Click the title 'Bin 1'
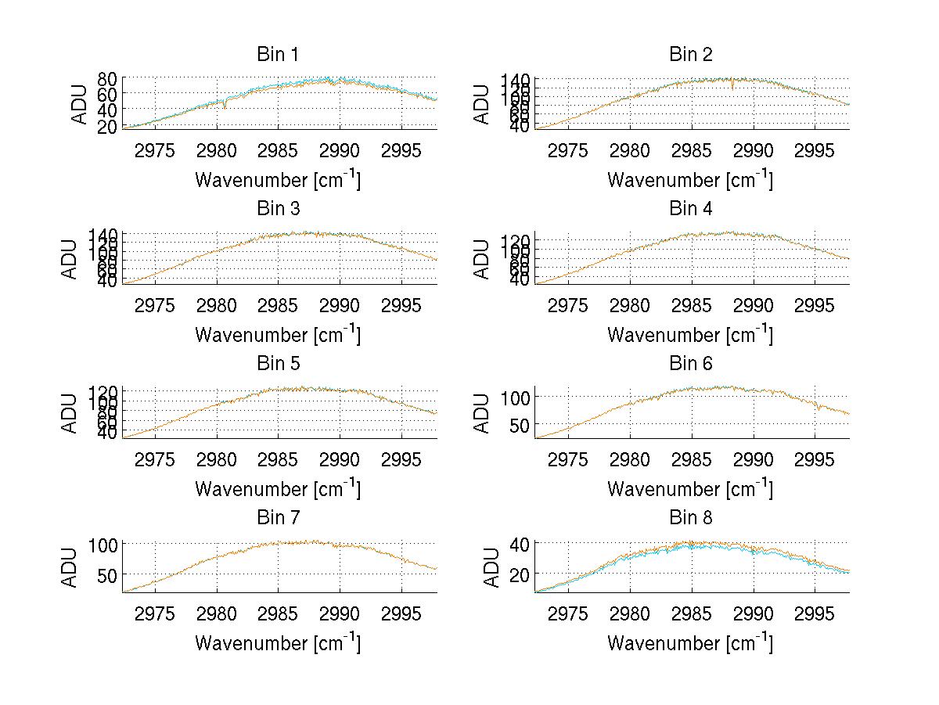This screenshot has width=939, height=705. [x=278, y=55]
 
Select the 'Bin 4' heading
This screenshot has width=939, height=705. [x=691, y=209]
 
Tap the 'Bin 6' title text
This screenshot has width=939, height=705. [x=691, y=364]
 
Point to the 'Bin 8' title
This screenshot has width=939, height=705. [x=691, y=518]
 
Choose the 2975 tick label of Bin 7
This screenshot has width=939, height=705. [x=155, y=613]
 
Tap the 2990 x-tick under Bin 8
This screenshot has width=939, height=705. [x=753, y=613]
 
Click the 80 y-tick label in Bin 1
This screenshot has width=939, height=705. [x=107, y=78]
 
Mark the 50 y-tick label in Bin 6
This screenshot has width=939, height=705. [x=520, y=424]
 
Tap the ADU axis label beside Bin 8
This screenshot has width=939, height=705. [x=492, y=567]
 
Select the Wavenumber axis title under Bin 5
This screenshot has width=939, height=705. [x=278, y=489]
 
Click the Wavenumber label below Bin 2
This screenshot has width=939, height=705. [x=690, y=180]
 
